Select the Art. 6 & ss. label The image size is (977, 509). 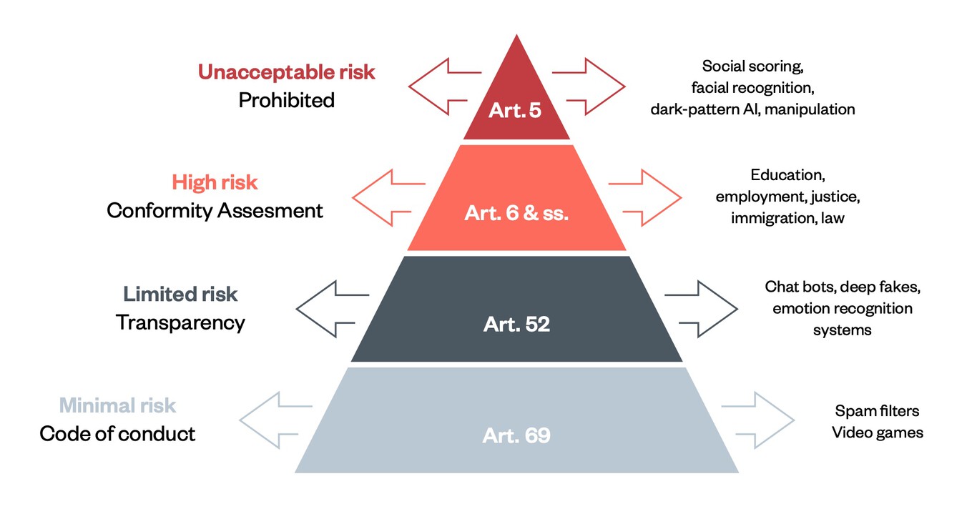(x=516, y=213)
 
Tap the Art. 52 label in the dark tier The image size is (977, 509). (x=516, y=324)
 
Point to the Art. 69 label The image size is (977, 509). (x=516, y=435)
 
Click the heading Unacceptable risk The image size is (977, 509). (x=286, y=72)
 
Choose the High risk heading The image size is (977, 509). (x=215, y=182)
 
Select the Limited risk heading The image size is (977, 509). (x=180, y=294)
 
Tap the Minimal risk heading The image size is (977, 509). (x=117, y=406)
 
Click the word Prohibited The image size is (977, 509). (x=286, y=100)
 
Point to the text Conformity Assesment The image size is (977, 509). (x=215, y=211)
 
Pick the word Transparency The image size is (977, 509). (x=180, y=322)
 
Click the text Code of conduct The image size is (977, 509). (x=117, y=434)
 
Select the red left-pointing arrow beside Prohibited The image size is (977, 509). (x=443, y=87)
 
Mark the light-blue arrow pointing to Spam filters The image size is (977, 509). (x=758, y=420)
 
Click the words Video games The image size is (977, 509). (x=878, y=433)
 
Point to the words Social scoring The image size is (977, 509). (x=753, y=66)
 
